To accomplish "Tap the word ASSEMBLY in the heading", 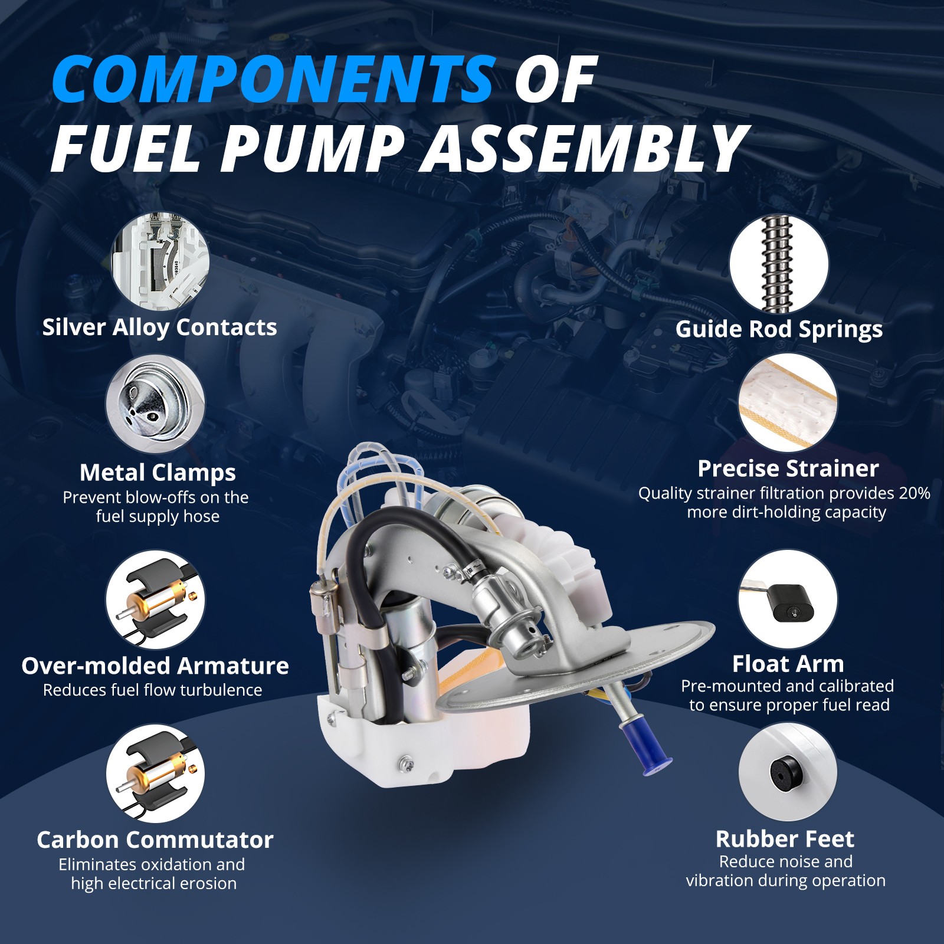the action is click(584, 149).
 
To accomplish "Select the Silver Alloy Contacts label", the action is click(159, 327).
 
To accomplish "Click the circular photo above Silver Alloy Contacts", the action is click(160, 261).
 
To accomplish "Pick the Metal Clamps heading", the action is click(158, 472).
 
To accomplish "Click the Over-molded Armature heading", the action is click(155, 666).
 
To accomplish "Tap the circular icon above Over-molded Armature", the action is click(155, 600).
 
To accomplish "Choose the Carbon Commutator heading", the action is click(155, 840).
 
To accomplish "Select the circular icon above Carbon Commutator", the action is click(155, 773).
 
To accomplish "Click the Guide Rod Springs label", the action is click(779, 329).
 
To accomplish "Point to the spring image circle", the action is click(779, 263).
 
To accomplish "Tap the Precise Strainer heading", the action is click(788, 468).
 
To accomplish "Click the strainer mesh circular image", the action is click(788, 403).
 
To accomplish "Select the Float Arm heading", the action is click(788, 664).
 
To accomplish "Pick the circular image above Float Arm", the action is click(788, 599).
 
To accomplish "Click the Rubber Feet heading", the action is click(785, 838).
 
